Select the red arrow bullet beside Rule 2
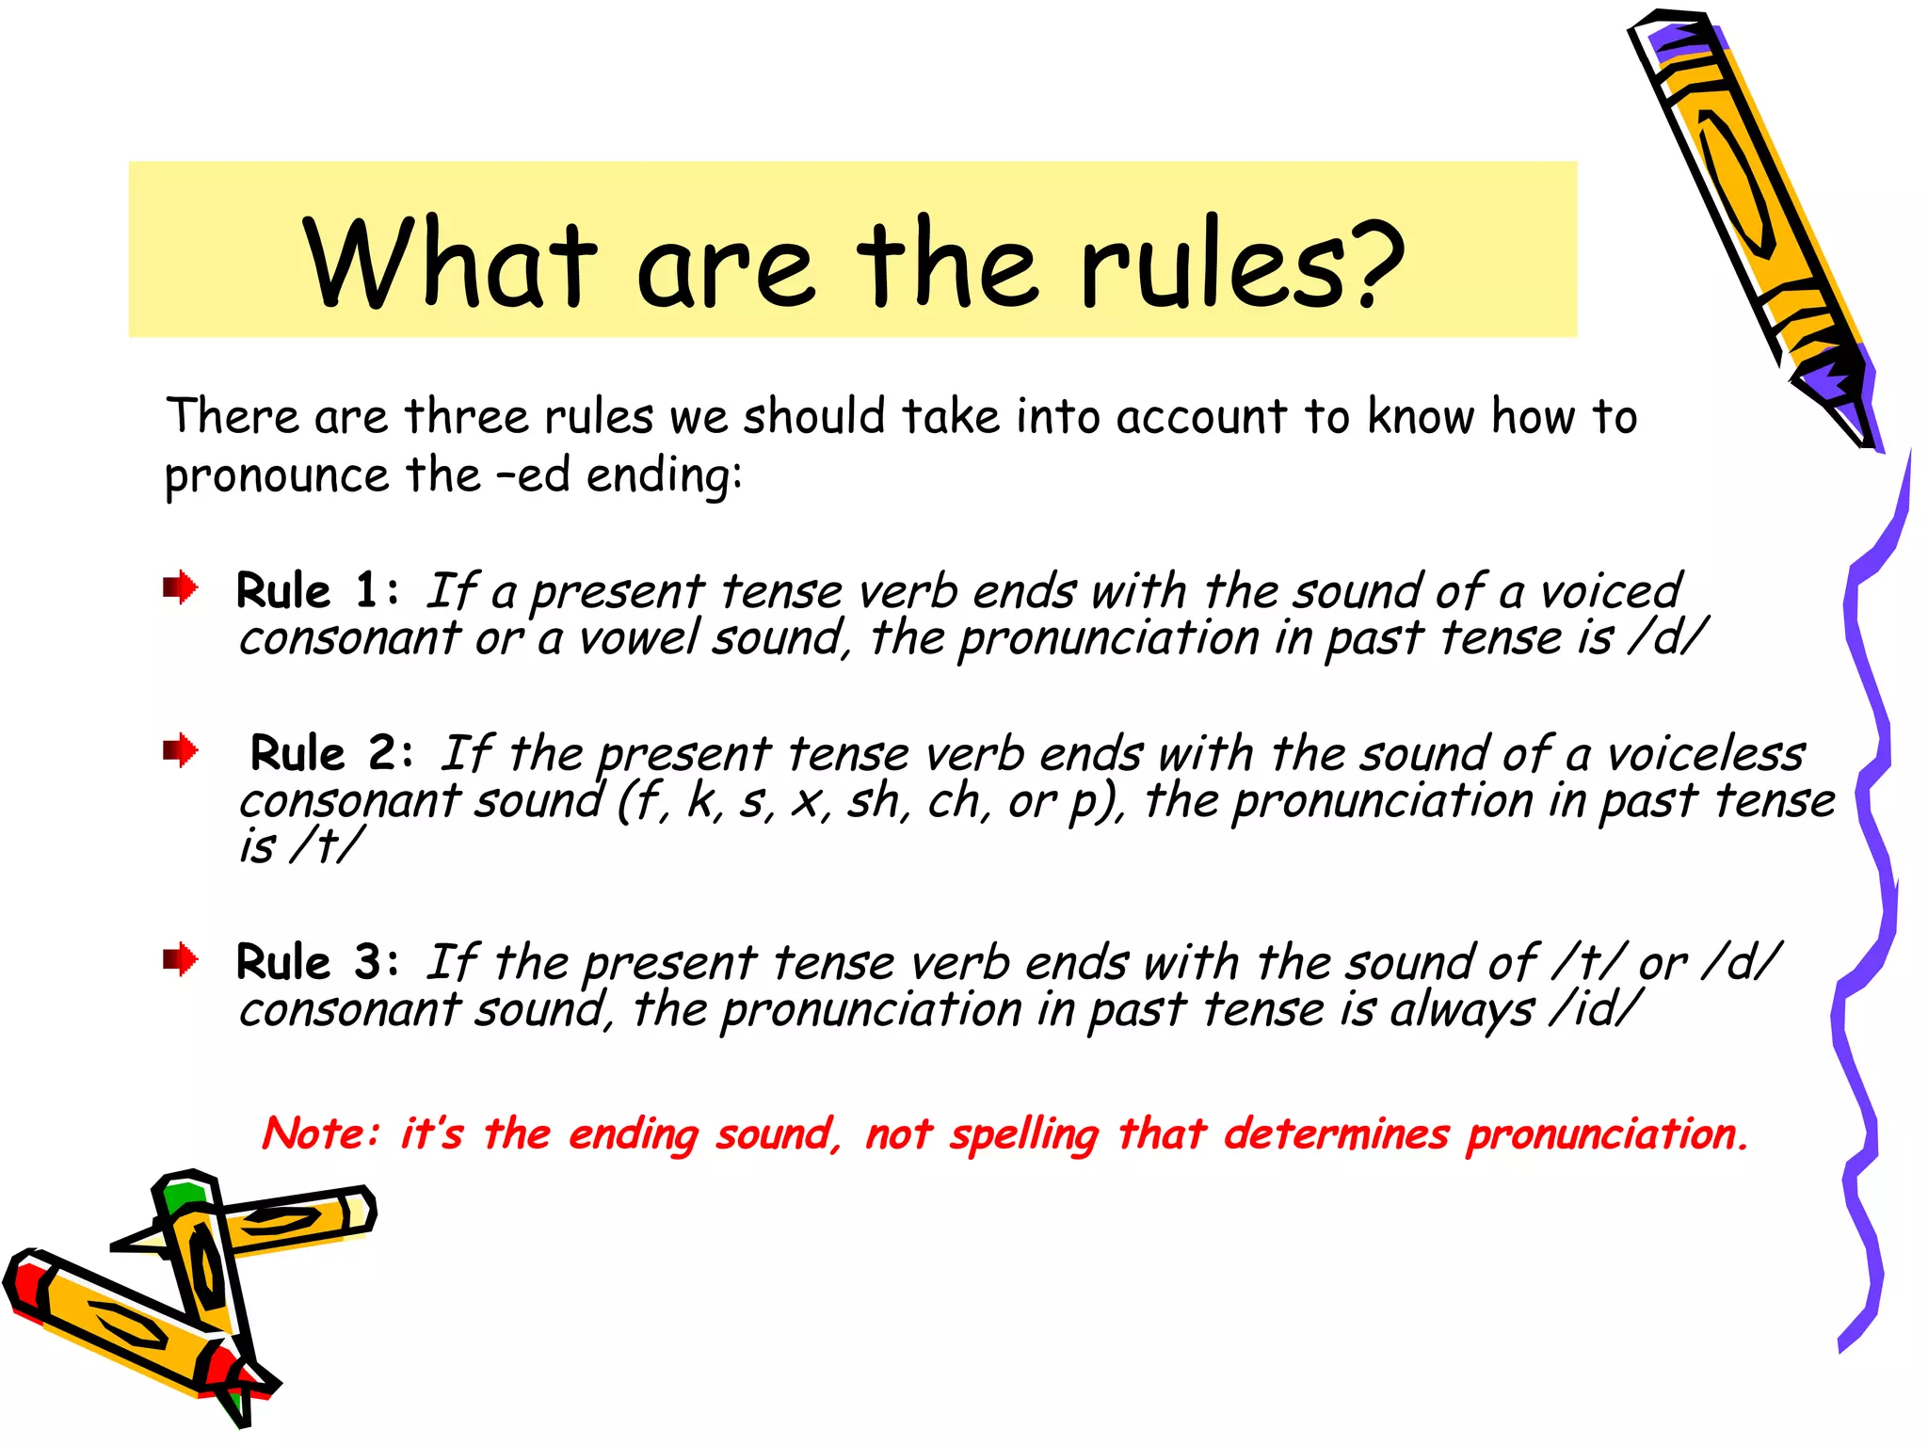[x=180, y=751]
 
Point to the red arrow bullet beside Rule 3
[x=180, y=960]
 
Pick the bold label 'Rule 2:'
[x=331, y=753]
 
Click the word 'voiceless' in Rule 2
[x=1705, y=754]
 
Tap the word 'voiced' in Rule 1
[x=1611, y=591]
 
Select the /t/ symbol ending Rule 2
[x=326, y=845]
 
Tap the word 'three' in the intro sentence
[x=467, y=417]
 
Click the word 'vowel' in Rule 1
[x=639, y=637]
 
